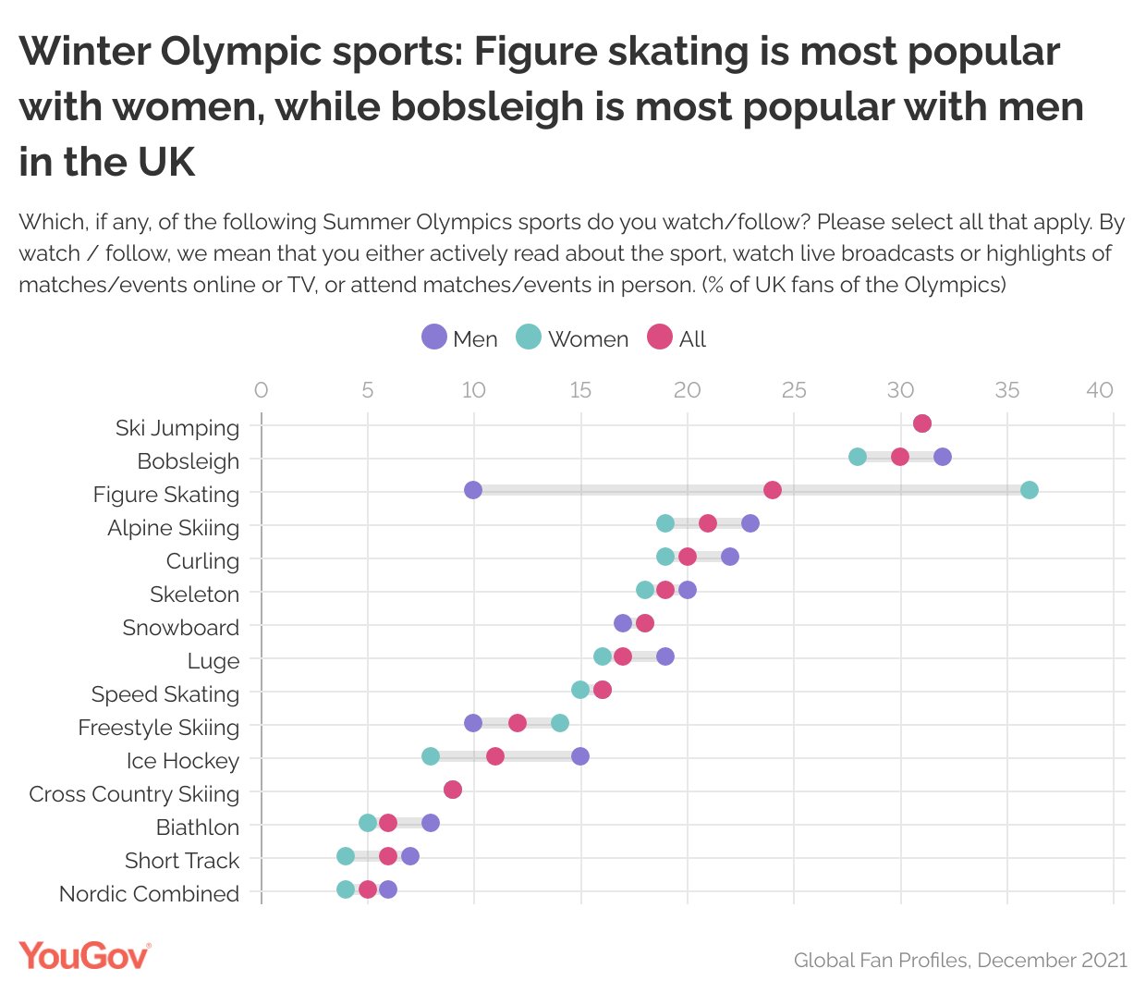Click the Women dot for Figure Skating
coord(1029,490)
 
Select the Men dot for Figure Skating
coord(473,490)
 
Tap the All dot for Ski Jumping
coord(921,423)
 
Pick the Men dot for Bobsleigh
coord(943,457)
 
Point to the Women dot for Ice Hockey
coord(431,756)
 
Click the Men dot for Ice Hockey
coord(580,756)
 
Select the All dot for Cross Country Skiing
coord(452,790)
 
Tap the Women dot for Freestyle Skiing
coord(559,723)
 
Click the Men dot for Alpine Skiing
coord(750,523)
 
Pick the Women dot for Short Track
coord(346,856)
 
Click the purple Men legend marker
coord(433,337)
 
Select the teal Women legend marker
coord(528,337)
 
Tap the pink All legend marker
coord(660,337)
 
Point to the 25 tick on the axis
coord(794,390)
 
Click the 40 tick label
coord(1100,390)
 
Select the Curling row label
coord(202,561)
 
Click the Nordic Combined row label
coord(149,894)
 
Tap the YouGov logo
coord(84,956)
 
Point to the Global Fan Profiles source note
coord(960,961)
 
